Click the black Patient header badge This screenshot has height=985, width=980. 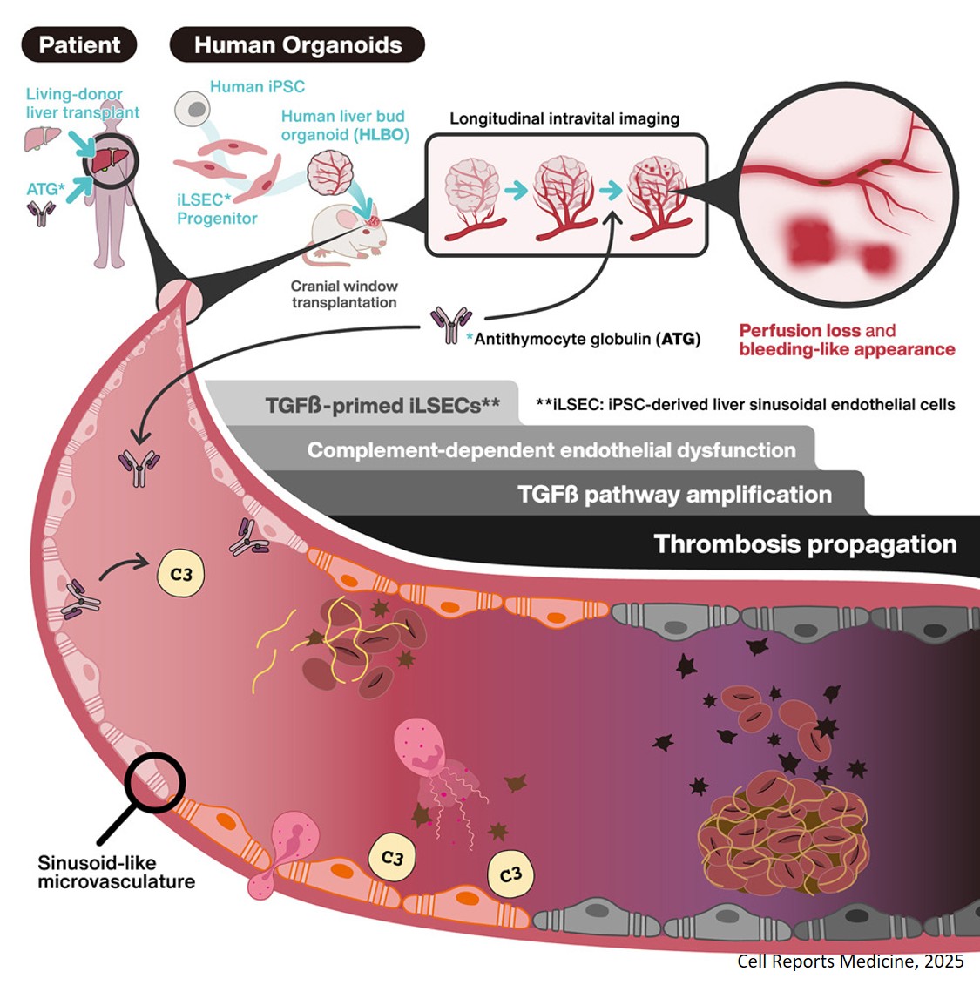tap(79, 44)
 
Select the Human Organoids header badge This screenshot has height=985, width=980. tap(297, 44)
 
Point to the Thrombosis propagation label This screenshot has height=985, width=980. tap(804, 544)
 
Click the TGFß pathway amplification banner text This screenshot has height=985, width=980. tap(673, 495)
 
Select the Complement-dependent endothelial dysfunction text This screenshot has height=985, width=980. tap(551, 450)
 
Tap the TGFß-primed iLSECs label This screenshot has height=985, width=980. tap(382, 405)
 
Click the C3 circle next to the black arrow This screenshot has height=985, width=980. tap(180, 575)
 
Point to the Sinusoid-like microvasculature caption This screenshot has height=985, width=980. tap(116, 872)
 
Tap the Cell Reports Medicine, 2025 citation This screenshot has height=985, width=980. tap(850, 961)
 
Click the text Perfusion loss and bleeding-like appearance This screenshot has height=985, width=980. tap(846, 340)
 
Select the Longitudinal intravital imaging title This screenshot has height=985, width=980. tap(564, 118)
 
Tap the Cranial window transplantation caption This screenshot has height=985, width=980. tap(344, 294)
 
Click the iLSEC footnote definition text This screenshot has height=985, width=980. tap(745, 405)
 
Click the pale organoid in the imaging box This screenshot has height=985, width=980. tap(471, 191)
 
